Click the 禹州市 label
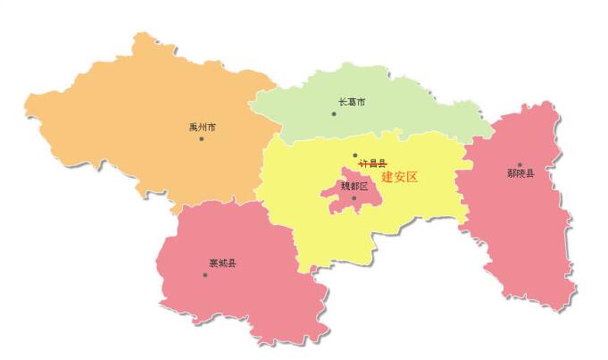point(202,127)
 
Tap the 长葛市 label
point(351,102)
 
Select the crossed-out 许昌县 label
point(372,164)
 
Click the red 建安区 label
point(399,177)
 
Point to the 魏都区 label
point(354,187)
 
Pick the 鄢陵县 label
point(520,173)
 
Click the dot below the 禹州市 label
point(202,138)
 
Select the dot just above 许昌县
point(354,155)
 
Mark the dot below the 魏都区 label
point(354,198)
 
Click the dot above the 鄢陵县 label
point(520,164)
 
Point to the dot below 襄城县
point(204,274)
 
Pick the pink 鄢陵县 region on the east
point(518,232)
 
